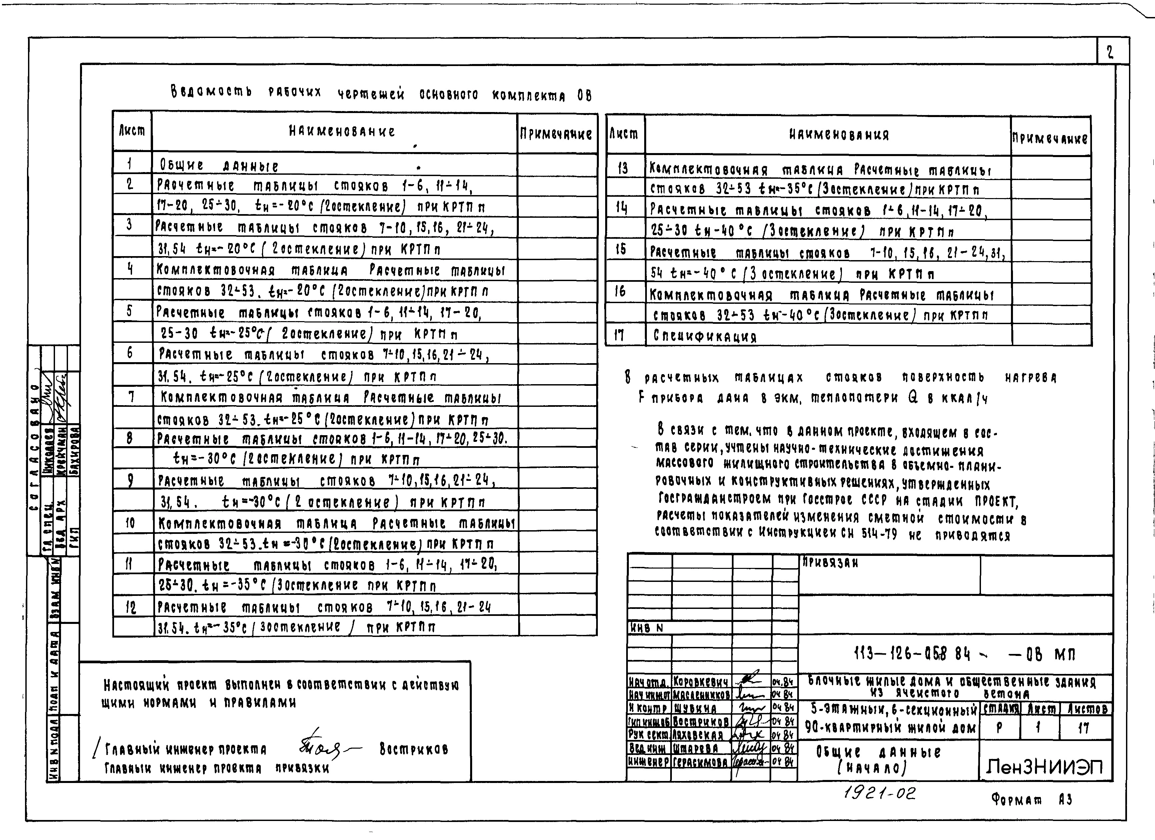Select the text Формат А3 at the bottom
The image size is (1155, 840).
point(1032,799)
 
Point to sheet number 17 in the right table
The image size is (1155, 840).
point(619,335)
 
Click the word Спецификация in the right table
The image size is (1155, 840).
point(704,336)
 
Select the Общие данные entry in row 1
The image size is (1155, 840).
point(219,165)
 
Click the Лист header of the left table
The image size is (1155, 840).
point(132,131)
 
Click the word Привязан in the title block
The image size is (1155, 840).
point(830,563)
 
